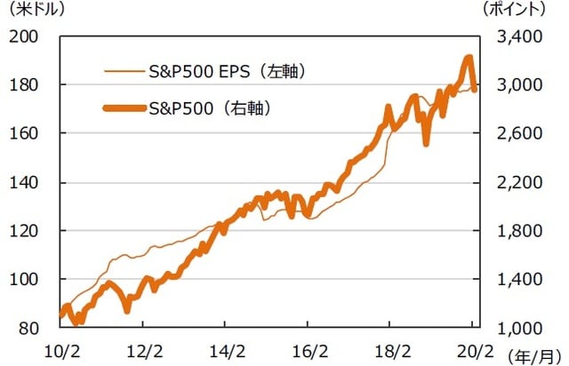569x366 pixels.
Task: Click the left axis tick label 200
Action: click(27, 37)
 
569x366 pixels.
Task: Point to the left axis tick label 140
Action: click(27, 182)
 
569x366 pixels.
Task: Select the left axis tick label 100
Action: click(27, 279)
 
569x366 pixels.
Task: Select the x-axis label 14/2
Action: click(231, 348)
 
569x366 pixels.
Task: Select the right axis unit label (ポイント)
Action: click(518, 12)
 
